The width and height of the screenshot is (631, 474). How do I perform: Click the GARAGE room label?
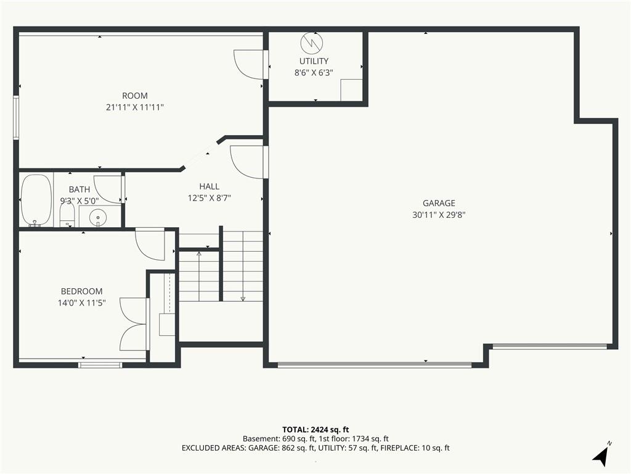pyautogui.click(x=439, y=203)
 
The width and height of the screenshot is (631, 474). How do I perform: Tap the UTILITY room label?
pyautogui.click(x=314, y=61)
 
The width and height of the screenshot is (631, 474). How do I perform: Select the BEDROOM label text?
pyautogui.click(x=82, y=291)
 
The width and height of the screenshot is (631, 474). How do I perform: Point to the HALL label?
pyautogui.click(x=210, y=186)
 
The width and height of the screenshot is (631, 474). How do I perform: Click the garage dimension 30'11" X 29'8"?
pyautogui.click(x=439, y=215)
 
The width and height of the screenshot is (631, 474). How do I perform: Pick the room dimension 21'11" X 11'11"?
pyautogui.click(x=135, y=107)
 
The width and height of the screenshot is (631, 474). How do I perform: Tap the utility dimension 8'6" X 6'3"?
pyautogui.click(x=314, y=73)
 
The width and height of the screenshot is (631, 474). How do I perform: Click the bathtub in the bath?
pyautogui.click(x=36, y=201)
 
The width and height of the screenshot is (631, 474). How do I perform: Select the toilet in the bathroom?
pyautogui.click(x=67, y=215)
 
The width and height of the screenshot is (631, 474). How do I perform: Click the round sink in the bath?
pyautogui.click(x=97, y=218)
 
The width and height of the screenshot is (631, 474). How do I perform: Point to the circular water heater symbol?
pyautogui.click(x=312, y=41)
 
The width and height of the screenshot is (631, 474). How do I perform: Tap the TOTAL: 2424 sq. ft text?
pyautogui.click(x=315, y=430)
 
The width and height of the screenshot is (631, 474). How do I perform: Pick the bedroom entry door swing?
pyautogui.click(x=150, y=244)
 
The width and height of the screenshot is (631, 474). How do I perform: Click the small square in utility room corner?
pyautogui.click(x=351, y=90)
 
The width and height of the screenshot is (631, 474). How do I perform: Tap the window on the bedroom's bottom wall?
pyautogui.click(x=100, y=365)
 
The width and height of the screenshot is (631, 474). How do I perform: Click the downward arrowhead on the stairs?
pyautogui.click(x=243, y=299)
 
